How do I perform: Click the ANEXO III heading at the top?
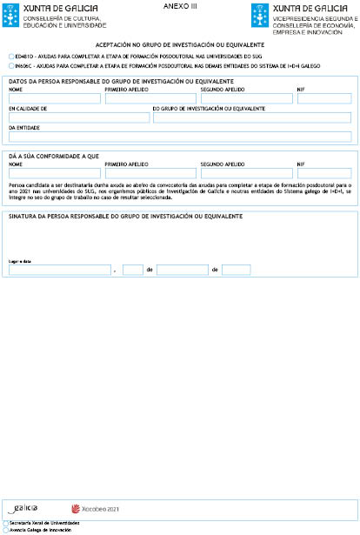[180, 6]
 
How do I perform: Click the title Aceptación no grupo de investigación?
[179, 43]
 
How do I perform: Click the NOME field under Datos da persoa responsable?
[52, 98]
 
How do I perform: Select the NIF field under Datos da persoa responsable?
[323, 98]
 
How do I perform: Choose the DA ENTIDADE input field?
[179, 137]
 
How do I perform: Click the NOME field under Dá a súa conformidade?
[52, 171]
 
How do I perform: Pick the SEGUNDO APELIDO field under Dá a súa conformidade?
[244, 171]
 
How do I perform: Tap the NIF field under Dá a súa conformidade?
[323, 171]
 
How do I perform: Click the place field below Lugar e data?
[59, 270]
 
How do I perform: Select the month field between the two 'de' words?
[182, 270]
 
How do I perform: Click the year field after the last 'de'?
[236, 270]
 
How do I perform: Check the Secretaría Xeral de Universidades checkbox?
[5, 523]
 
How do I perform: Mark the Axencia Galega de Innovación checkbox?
[5, 529]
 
